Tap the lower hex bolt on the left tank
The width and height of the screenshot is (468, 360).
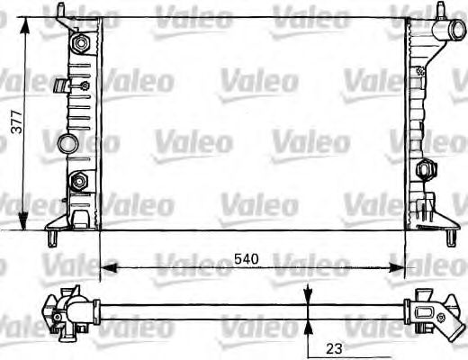click(78, 180)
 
